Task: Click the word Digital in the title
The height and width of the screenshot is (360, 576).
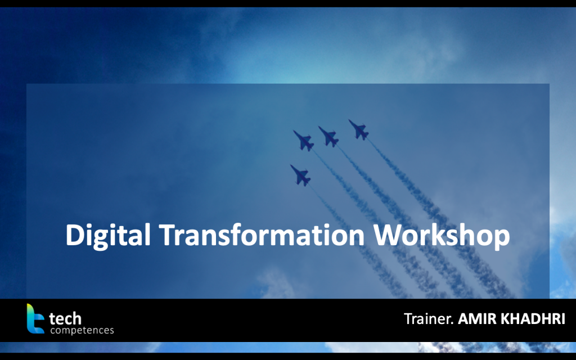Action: point(108,236)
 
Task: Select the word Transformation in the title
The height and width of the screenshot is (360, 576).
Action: point(262,235)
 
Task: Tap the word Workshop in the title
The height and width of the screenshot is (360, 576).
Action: point(442,236)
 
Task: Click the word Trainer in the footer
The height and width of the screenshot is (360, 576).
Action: point(427,318)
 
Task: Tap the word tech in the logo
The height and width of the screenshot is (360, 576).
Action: point(65,318)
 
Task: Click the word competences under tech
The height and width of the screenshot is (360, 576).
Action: point(82,330)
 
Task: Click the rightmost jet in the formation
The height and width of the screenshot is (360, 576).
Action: point(359,130)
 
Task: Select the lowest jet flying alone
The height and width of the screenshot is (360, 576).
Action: point(301,175)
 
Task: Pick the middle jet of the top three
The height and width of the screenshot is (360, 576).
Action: point(328,137)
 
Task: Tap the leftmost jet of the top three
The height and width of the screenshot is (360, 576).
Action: point(304,141)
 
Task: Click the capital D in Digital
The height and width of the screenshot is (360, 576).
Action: point(74,235)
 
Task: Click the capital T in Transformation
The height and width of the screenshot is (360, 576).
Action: point(167,235)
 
